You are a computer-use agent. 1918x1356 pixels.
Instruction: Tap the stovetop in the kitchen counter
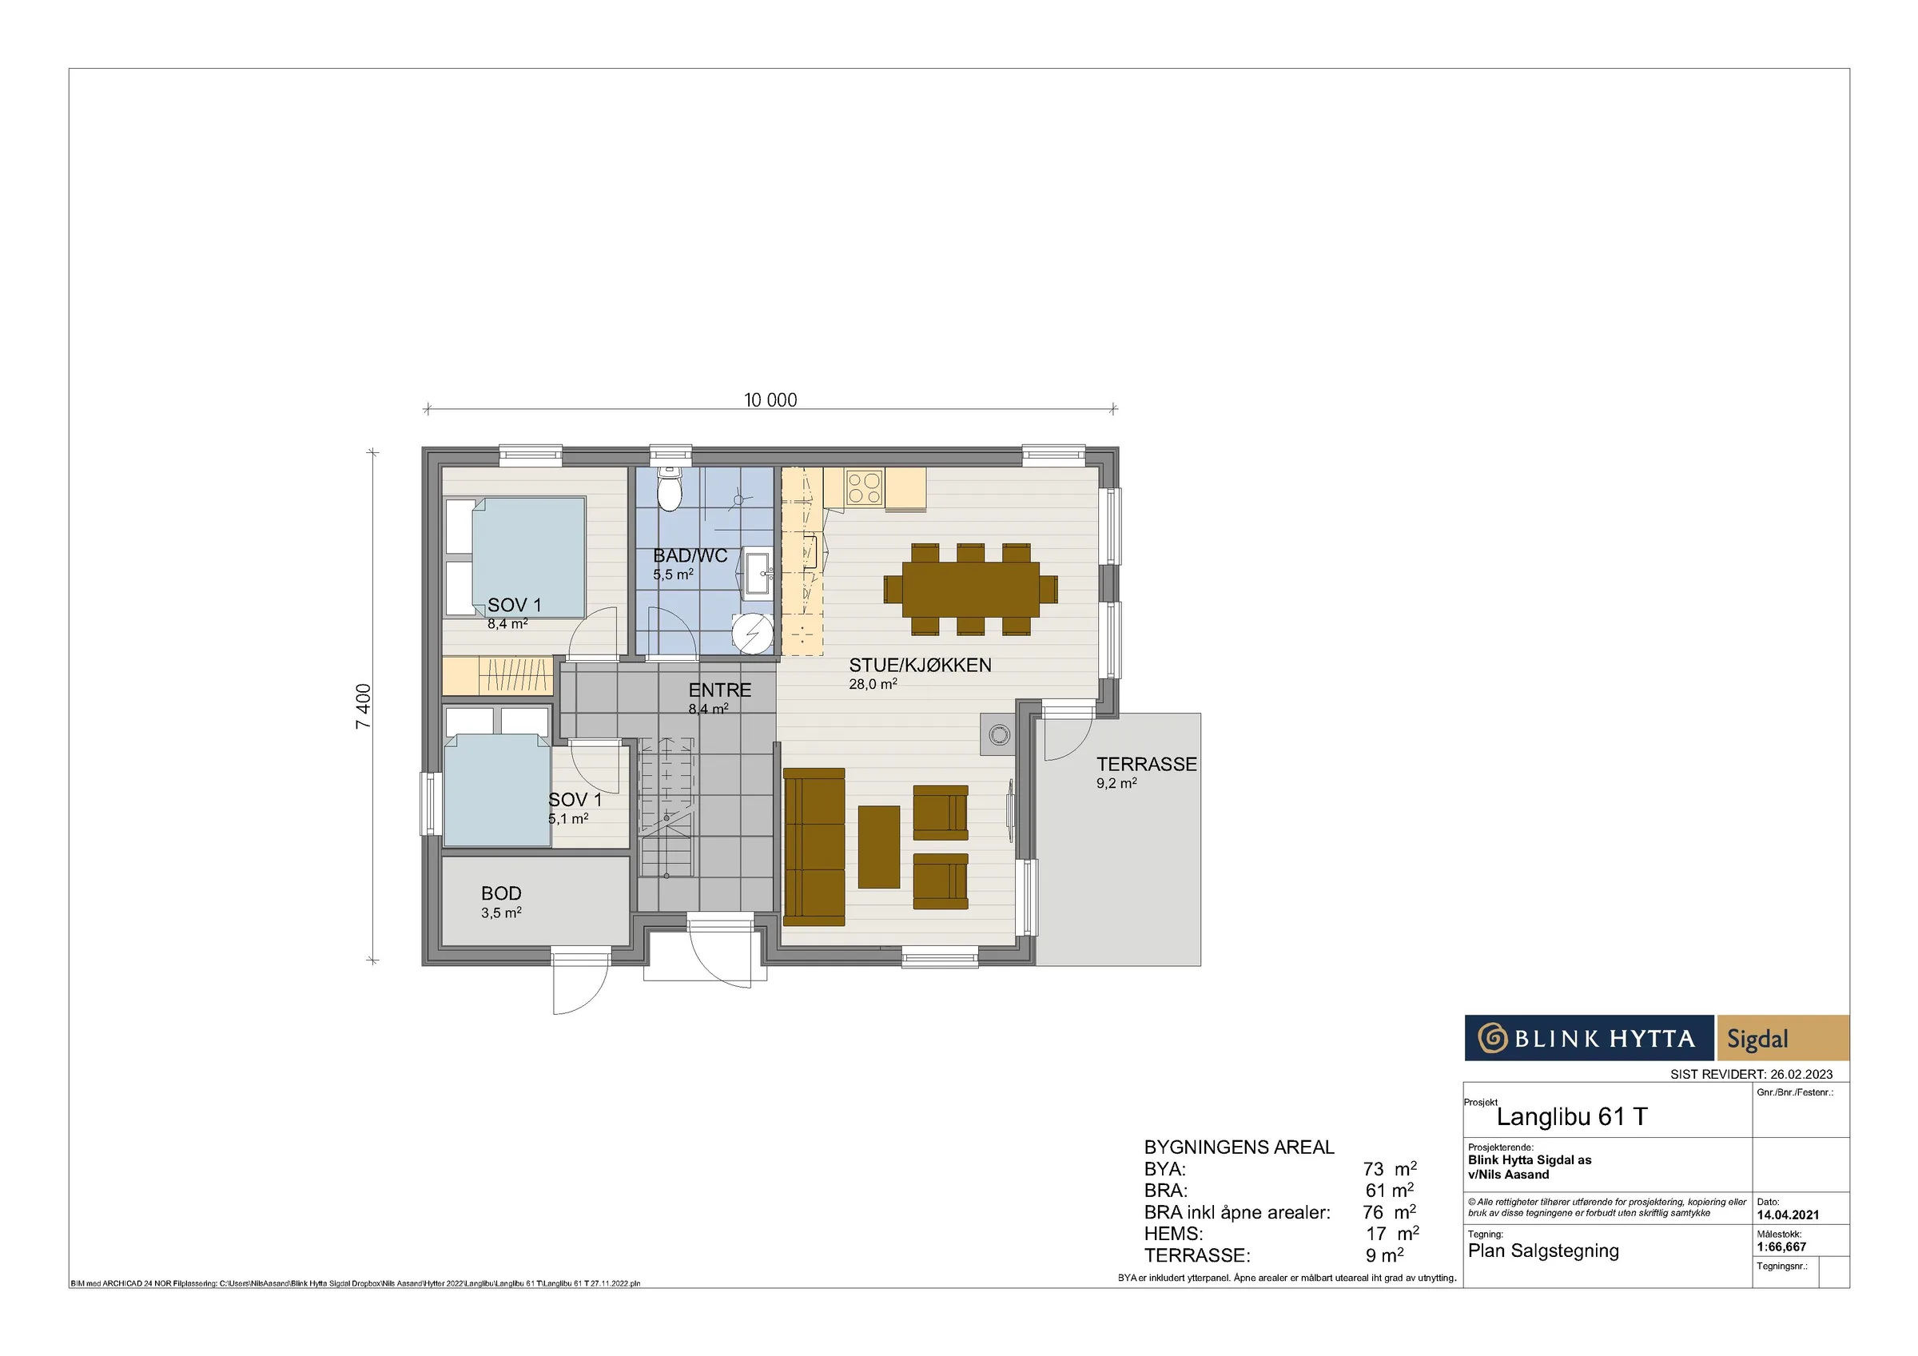pyautogui.click(x=864, y=488)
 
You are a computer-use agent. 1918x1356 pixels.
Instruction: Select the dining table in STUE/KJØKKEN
pyautogui.click(x=971, y=589)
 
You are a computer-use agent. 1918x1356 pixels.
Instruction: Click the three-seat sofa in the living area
pyautogui.click(x=814, y=847)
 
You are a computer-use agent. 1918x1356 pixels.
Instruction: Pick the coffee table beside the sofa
pyautogui.click(x=879, y=846)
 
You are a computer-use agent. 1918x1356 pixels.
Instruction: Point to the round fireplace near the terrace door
pyautogui.click(x=999, y=735)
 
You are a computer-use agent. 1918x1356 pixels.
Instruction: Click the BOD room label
pyautogui.click(x=501, y=893)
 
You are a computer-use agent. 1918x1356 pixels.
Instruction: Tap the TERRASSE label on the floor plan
pyautogui.click(x=1146, y=764)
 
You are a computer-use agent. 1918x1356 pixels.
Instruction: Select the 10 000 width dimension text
pyautogui.click(x=770, y=400)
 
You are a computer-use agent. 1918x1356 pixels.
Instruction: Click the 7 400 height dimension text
pyautogui.click(x=364, y=707)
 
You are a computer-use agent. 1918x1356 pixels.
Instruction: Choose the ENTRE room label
pyautogui.click(x=719, y=690)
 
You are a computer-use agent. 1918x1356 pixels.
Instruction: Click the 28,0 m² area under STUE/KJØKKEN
pyautogui.click(x=873, y=683)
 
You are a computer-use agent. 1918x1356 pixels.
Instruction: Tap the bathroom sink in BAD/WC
pyautogui.click(x=758, y=573)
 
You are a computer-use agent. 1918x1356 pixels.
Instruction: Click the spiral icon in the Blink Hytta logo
pyautogui.click(x=1492, y=1039)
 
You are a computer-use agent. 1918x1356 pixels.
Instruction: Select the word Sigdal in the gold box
pyautogui.click(x=1757, y=1039)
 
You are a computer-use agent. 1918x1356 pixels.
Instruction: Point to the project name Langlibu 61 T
pyautogui.click(x=1571, y=1116)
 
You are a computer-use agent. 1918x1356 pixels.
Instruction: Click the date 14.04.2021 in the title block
pyautogui.click(x=1788, y=1215)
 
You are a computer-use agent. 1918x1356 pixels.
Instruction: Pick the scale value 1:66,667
pyautogui.click(x=1782, y=1247)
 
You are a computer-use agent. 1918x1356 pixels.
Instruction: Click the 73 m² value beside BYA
pyautogui.click(x=1389, y=1168)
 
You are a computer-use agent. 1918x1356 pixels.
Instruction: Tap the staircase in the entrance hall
pyautogui.click(x=667, y=808)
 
